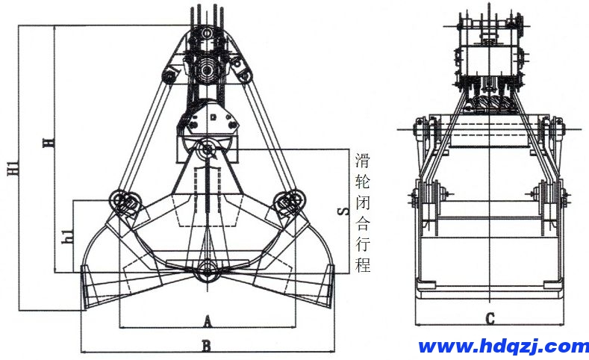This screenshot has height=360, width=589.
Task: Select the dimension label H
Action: click(49, 143)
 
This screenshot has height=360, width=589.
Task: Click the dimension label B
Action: click(207, 345)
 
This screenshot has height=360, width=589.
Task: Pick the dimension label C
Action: click(490, 319)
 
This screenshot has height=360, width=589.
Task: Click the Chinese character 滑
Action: click(363, 159)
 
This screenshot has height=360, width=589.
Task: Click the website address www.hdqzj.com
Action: click(503, 347)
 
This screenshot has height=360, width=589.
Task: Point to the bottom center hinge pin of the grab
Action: click(207, 272)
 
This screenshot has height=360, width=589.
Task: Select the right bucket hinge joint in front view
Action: click(287, 202)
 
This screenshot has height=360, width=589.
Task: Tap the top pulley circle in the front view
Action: click(208, 73)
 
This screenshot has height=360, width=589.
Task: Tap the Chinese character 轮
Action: click(363, 180)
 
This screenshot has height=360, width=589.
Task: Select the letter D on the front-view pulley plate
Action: click(212, 117)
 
